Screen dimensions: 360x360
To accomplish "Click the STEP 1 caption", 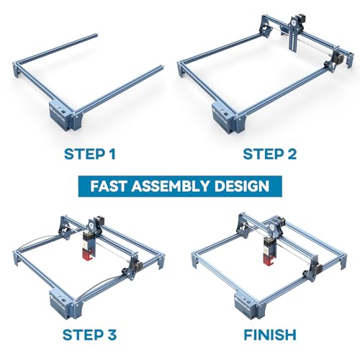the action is tap(90, 154).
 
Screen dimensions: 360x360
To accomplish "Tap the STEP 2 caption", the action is tap(270, 154).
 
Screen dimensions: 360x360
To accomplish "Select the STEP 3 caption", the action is tap(89, 335).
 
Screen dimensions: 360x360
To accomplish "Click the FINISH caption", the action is tap(270, 335).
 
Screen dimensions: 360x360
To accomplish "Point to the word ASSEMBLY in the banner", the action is tap(170, 186).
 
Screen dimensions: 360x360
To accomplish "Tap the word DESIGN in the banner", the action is tap(242, 186).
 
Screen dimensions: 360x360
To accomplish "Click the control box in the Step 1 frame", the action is tap(61, 115).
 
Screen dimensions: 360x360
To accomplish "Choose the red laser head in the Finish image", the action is tap(269, 251).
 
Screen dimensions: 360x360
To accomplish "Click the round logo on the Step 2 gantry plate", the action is tap(294, 22).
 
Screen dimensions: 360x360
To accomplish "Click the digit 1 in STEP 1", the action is tap(112, 154).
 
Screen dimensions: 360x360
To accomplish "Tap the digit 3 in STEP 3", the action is tap(112, 335).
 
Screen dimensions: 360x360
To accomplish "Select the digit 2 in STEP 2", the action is tap(292, 154).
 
